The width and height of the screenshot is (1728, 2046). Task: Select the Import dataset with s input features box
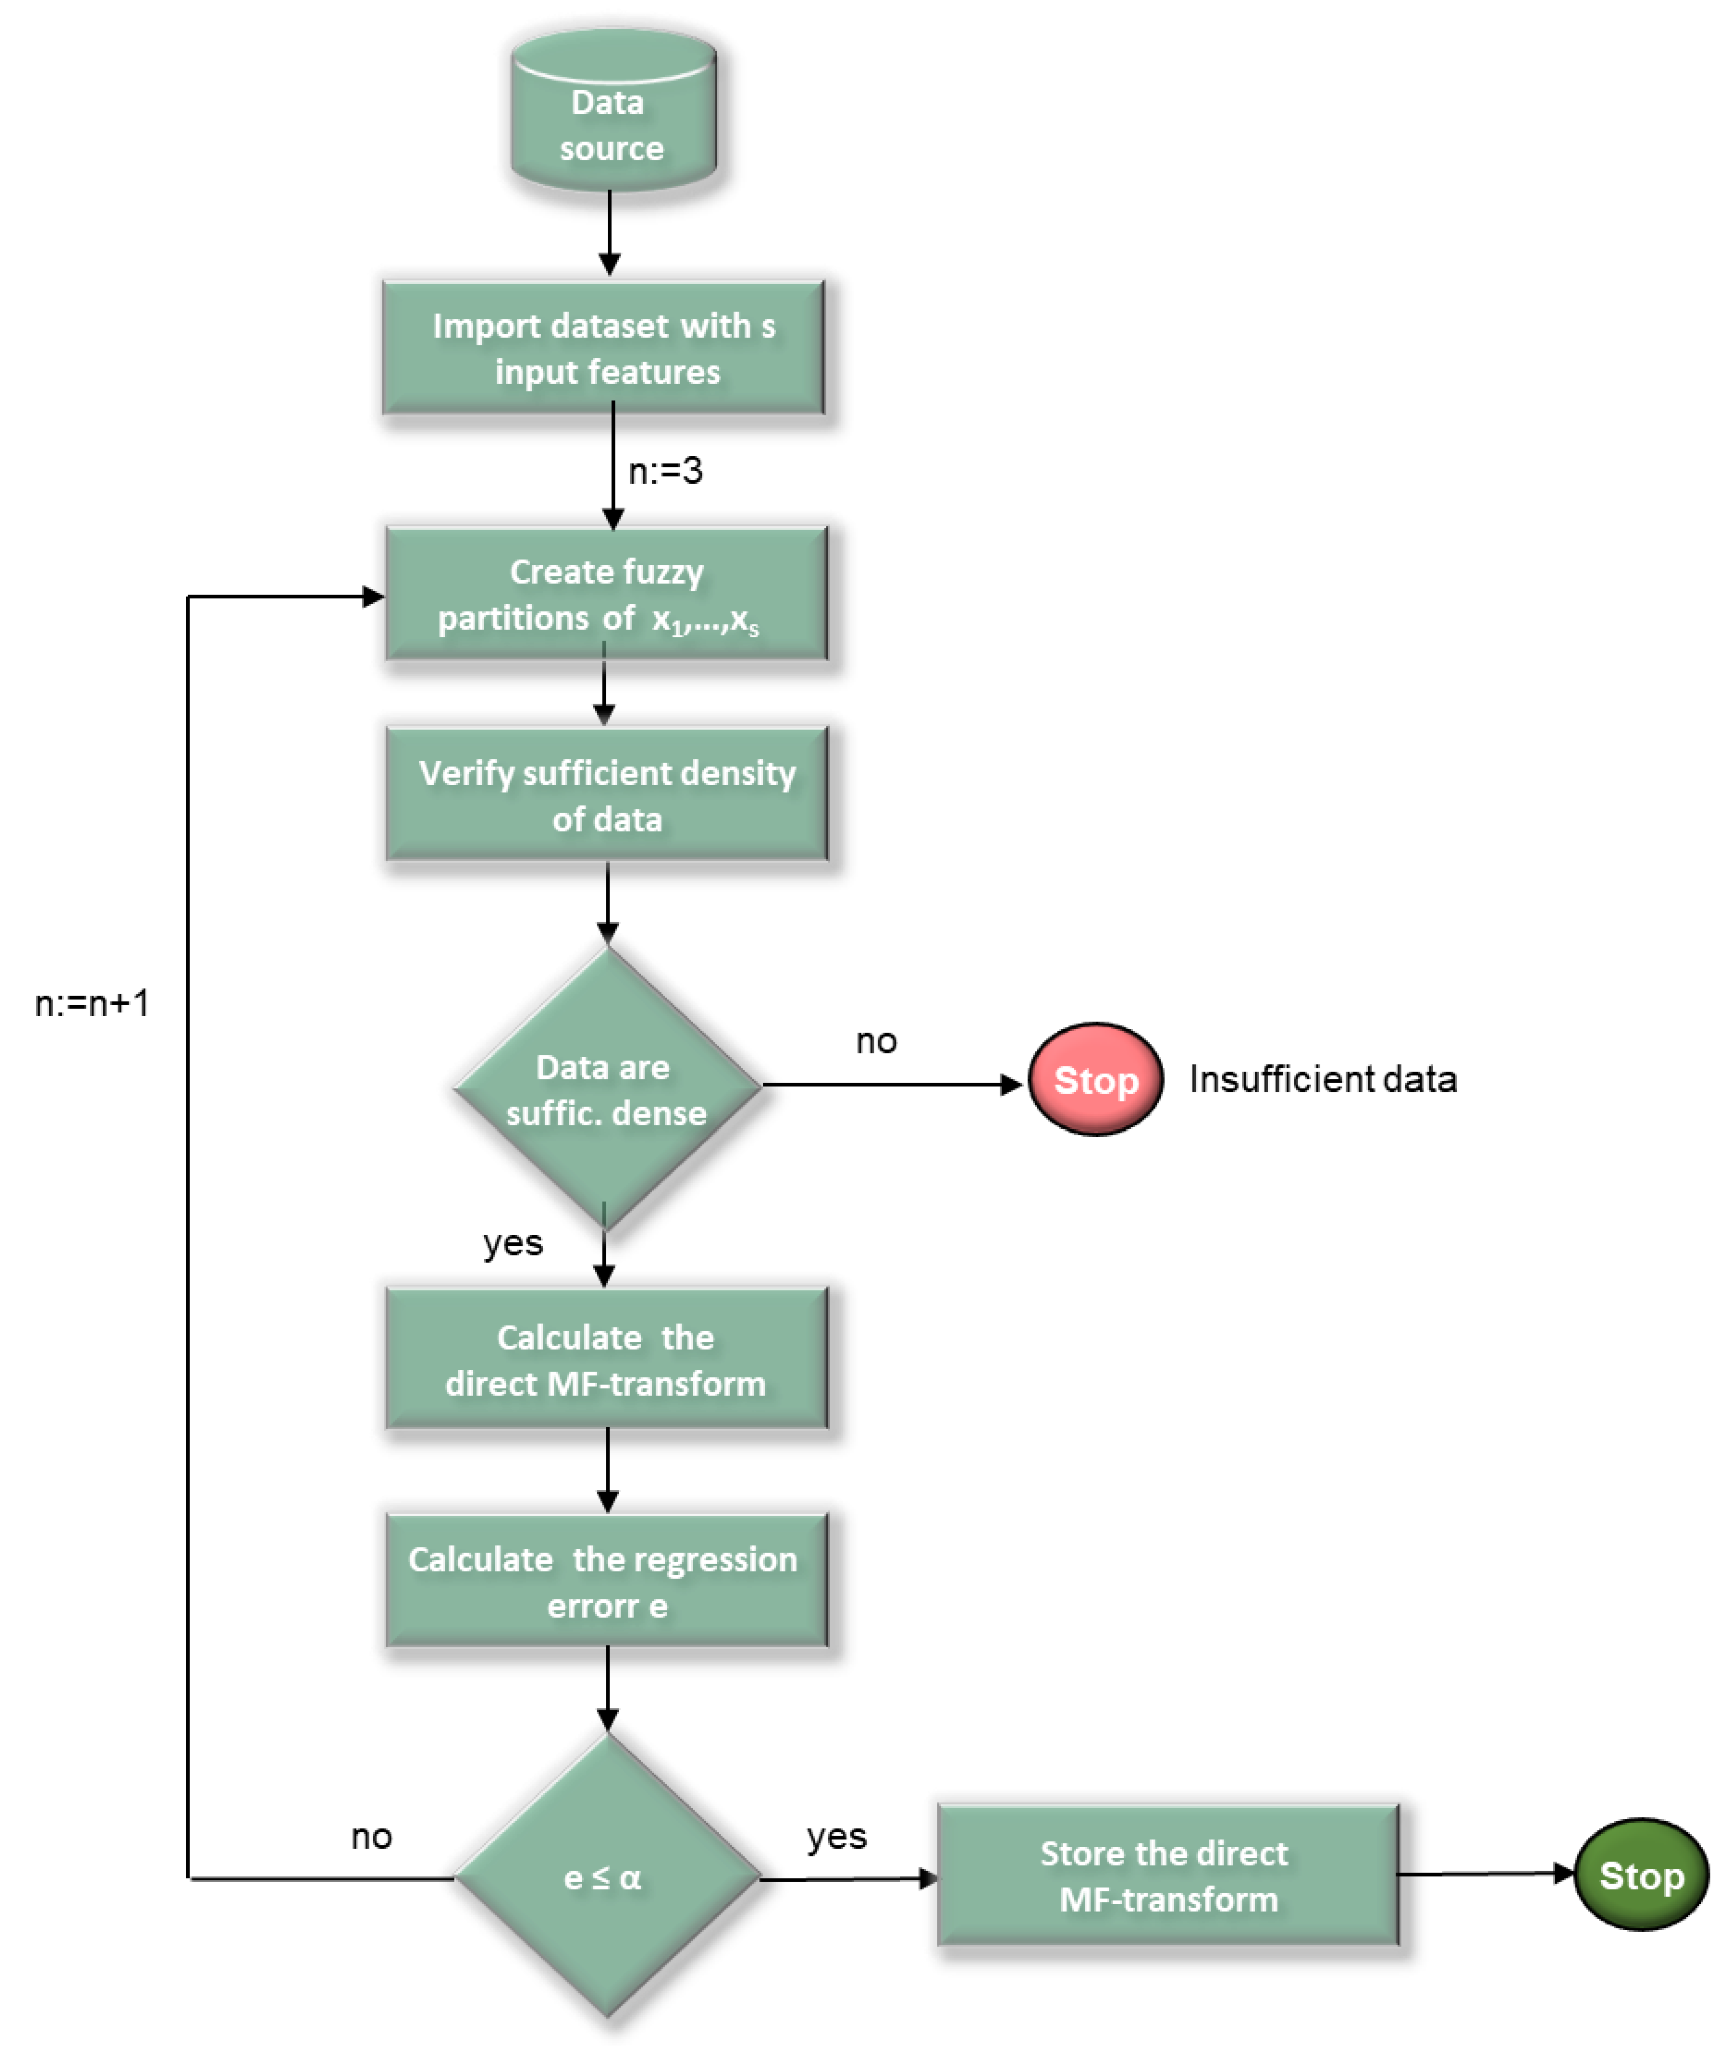pyautogui.click(x=603, y=348)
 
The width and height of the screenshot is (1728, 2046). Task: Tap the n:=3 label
pyautogui.click(x=665, y=471)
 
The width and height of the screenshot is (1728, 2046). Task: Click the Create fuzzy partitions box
pyautogui.click(x=606, y=594)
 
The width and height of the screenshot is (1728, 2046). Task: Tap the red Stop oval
pyautogui.click(x=1095, y=1079)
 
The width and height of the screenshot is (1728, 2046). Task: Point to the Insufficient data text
pyautogui.click(x=1322, y=1079)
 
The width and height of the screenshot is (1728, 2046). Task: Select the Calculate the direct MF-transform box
pyautogui.click(x=606, y=1360)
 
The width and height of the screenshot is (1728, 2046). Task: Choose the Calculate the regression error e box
pyautogui.click(x=606, y=1581)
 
